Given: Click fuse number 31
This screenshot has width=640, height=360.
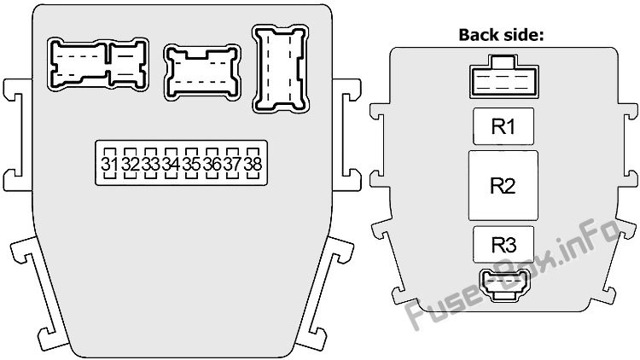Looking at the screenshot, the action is [x=109, y=163].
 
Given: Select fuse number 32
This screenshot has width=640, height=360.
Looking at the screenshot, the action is [x=130, y=163].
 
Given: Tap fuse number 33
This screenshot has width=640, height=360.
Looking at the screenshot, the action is [x=150, y=163].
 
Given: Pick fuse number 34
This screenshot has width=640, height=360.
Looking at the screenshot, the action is [x=171, y=163].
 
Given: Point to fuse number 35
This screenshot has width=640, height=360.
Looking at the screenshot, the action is [x=191, y=163].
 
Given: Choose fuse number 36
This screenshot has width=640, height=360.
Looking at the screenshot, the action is [x=212, y=163].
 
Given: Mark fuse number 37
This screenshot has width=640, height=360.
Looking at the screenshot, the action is [x=232, y=163].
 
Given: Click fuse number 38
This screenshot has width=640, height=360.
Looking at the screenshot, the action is [x=253, y=163].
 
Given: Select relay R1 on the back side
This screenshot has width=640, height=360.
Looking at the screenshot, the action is [x=503, y=126].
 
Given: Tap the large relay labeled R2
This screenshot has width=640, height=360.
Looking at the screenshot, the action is [x=503, y=185].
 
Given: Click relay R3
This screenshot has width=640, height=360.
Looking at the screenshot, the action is [x=503, y=245].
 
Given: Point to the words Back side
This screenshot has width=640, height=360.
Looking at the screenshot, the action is [x=501, y=35].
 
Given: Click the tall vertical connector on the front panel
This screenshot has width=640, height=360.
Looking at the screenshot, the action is [x=281, y=68].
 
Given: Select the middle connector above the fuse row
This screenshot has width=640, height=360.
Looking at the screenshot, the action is [x=202, y=73].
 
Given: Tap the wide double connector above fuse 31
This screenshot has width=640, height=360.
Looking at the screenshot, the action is [x=98, y=64].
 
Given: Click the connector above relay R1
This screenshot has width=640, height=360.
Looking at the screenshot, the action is [x=503, y=78].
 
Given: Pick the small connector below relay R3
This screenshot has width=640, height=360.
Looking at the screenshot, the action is [x=503, y=285].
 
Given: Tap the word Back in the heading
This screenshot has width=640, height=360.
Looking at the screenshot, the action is [x=480, y=35].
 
